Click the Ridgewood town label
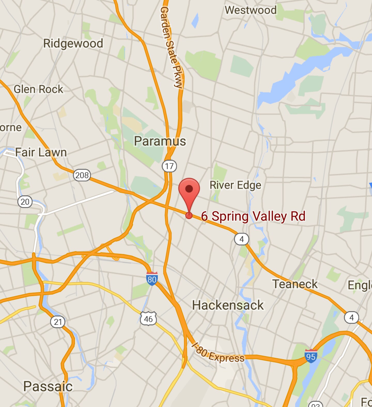[73, 43]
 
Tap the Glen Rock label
[38, 89]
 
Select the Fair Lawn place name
[41, 152]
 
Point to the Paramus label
[160, 141]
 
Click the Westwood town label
[251, 10]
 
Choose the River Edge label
[235, 185]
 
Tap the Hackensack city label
[228, 305]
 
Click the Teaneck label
[295, 284]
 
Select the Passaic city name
[48, 387]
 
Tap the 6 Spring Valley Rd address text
[253, 216]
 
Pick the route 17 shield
[169, 166]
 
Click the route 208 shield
[82, 175]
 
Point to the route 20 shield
[25, 202]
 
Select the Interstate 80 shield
[152, 279]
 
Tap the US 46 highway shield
[148, 319]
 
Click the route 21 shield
[58, 322]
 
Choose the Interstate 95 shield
[311, 356]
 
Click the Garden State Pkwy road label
[172, 48]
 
